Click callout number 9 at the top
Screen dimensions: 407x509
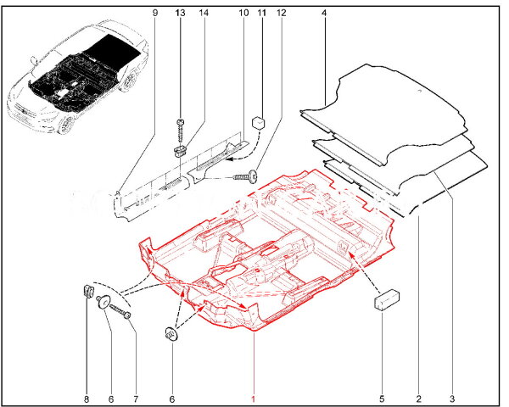coord(155,13)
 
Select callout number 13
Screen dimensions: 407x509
coord(180,13)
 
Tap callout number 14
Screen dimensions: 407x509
coord(204,13)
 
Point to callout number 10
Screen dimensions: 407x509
coord(243,13)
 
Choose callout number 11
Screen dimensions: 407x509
coord(261,13)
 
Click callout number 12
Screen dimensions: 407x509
coord(282,13)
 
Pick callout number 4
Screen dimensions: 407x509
coord(325,13)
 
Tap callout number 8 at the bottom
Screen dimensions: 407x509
coord(87,398)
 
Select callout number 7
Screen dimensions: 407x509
coord(134,398)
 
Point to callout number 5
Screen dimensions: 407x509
coord(382,398)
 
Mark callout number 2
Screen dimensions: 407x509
coord(419,398)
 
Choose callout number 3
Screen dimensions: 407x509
coord(452,398)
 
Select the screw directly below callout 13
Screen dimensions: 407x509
coord(180,128)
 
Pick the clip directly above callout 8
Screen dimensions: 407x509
coord(88,293)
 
